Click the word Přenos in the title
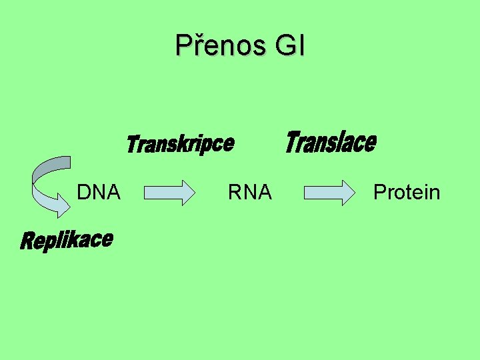point(215,46)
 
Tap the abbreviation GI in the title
point(288,46)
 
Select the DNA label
point(99,193)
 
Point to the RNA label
point(250,193)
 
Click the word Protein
point(407,193)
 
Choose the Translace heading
point(331,142)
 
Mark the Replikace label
point(66,240)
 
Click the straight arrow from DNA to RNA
point(168,193)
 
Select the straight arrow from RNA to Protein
point(329,193)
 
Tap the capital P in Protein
point(380,193)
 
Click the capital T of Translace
point(294,142)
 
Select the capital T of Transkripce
point(132,145)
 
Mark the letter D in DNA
point(83,193)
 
